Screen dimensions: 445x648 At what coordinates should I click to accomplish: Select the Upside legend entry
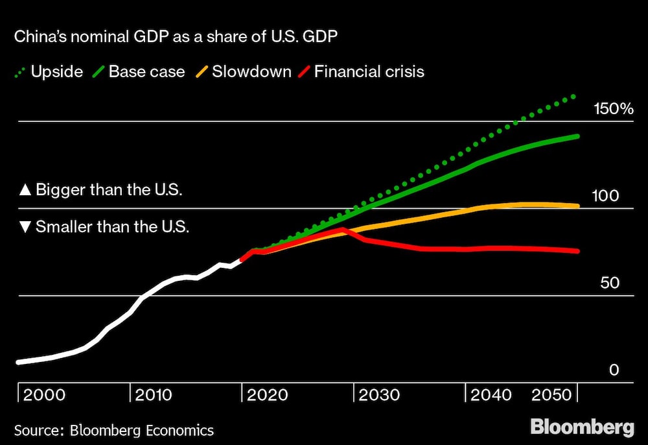click(49, 71)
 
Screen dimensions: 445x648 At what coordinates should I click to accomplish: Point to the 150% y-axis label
click(613, 109)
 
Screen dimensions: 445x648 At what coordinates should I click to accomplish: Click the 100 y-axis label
click(606, 196)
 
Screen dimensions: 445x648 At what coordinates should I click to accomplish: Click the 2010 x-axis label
click(154, 395)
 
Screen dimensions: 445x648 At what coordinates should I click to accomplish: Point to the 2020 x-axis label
click(266, 395)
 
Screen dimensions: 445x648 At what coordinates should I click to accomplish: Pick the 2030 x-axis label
click(378, 395)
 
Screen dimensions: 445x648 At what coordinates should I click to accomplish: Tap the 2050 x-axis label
click(553, 395)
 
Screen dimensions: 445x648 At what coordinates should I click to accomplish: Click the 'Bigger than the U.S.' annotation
click(101, 191)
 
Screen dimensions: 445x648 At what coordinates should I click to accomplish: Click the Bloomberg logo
click(582, 428)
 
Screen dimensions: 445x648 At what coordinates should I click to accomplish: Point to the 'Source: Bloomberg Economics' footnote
click(114, 429)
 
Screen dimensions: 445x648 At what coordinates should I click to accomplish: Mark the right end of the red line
click(577, 251)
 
